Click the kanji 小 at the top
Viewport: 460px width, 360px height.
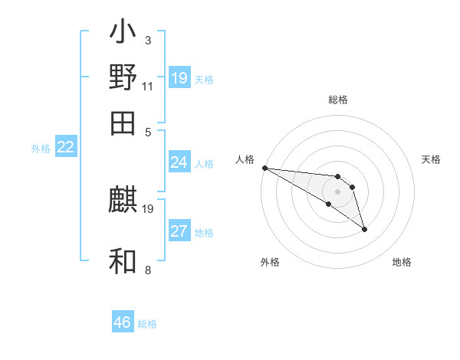[123, 34]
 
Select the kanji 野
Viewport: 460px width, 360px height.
[123, 77]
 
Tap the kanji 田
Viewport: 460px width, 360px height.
[123, 122]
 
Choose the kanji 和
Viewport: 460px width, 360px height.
[123, 261]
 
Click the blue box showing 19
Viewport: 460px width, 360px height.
[179, 77]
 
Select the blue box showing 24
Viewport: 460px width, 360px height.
[179, 162]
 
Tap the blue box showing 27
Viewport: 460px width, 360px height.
[179, 231]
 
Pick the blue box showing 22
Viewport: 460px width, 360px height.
[65, 147]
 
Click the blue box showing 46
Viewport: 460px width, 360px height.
[123, 322]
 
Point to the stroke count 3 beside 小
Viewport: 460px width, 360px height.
[147, 40]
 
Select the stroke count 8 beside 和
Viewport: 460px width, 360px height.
[147, 270]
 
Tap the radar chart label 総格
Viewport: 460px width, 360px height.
[337, 100]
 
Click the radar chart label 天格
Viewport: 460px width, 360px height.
[431, 159]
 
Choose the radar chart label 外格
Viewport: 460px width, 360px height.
[270, 262]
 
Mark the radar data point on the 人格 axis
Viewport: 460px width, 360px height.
[264, 167]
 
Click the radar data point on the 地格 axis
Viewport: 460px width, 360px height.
[364, 228]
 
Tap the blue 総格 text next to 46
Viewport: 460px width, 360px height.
[147, 324]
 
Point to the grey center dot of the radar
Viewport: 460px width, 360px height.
[337, 191]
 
